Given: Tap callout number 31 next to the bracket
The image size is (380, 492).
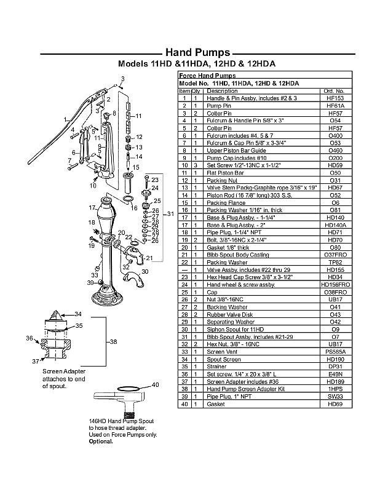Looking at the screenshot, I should [x=172, y=213].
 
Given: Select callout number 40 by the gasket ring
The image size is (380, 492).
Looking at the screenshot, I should [x=155, y=385].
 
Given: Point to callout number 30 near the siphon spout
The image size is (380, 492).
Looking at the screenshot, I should [x=145, y=271].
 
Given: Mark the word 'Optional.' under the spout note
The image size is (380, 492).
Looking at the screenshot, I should [x=101, y=442].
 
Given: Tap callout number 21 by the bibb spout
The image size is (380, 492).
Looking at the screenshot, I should [x=149, y=258].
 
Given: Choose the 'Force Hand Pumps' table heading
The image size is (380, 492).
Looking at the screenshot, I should [x=203, y=76].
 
